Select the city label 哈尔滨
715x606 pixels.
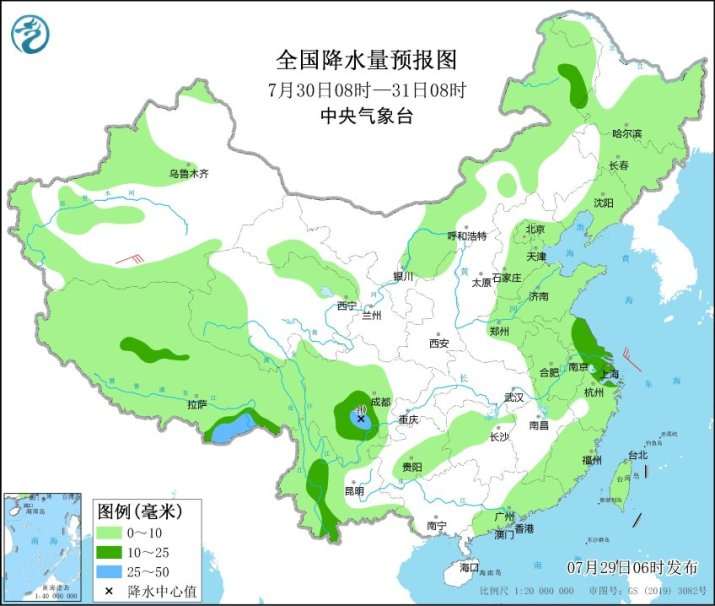click(627, 133)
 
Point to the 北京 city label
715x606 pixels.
click(535, 229)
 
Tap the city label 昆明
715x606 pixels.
click(354, 491)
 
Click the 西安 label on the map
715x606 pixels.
click(439, 344)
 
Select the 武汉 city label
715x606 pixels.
click(514, 397)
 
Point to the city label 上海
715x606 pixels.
click(606, 374)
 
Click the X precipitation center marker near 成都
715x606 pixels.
click(361, 420)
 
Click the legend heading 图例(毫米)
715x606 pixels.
click(140, 512)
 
